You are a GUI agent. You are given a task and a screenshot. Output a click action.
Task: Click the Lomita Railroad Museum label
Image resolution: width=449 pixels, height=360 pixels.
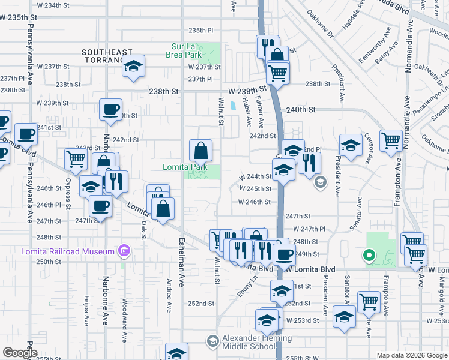coord(58,251)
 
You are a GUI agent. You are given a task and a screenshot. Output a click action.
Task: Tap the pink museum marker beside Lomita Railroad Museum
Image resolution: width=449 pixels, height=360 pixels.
coord(124,250)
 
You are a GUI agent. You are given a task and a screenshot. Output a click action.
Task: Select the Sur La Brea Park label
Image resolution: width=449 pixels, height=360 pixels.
coord(184,50)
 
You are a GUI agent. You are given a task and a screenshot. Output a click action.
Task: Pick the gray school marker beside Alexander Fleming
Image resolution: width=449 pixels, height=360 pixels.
coord(212,341)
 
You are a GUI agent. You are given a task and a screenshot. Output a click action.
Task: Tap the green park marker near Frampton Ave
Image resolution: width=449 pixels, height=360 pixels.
coord(369,256)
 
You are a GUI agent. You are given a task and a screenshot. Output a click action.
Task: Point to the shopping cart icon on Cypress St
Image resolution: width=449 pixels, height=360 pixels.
coord(76,159)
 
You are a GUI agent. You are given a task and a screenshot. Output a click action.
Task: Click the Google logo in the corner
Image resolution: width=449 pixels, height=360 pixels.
coord(20,353)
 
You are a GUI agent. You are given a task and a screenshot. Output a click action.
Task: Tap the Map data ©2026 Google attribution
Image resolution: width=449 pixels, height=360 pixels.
coord(411,355)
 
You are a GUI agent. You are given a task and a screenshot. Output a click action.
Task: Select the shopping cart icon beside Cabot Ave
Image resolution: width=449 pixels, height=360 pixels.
coord(391,140)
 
